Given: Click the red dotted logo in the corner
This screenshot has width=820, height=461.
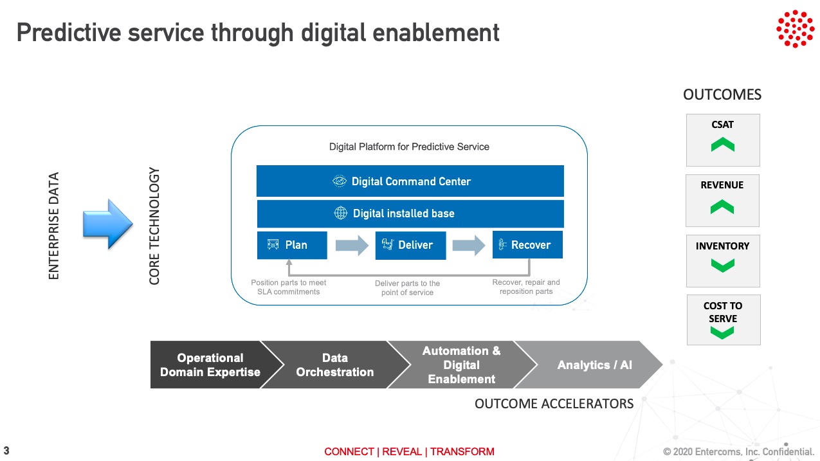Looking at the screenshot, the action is [795, 28].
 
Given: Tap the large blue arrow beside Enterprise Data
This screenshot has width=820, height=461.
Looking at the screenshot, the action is [107, 224].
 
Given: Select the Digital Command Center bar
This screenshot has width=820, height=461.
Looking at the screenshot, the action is [410, 181].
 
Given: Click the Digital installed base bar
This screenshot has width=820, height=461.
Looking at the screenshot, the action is [410, 213].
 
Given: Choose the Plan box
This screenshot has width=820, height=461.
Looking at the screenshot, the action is [292, 245].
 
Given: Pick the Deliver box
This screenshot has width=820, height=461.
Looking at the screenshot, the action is [410, 245].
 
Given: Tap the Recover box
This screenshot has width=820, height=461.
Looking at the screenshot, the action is [527, 245].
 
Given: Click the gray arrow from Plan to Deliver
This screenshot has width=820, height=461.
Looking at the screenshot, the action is [352, 245].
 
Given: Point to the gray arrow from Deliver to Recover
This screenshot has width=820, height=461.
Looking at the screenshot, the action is [469, 245].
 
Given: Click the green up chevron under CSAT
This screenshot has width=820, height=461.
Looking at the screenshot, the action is [723, 144].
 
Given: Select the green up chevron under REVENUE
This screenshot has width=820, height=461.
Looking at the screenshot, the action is [722, 207].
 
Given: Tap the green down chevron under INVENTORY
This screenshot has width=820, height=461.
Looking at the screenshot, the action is [723, 266].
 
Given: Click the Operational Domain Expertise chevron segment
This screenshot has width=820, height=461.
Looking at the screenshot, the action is [210, 365].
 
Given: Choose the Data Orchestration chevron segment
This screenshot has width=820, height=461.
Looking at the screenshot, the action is [335, 365].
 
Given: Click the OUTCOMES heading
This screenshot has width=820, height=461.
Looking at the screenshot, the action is [722, 95].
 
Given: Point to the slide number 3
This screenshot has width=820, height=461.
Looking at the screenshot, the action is [6, 450].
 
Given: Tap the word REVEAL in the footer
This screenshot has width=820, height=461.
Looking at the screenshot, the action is [401, 451].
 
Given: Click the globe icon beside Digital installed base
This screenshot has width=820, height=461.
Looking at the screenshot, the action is [340, 213].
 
